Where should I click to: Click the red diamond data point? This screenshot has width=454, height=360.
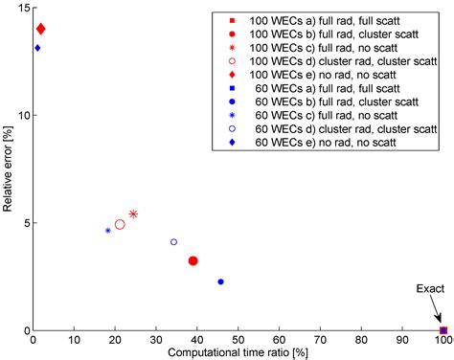pos(40,30)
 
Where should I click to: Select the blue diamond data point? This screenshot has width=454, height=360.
pos(37,48)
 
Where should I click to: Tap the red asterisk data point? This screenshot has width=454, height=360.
pos(133,214)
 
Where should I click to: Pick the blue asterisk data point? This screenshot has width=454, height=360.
pos(108,231)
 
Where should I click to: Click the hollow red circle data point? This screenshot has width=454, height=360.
pos(120,224)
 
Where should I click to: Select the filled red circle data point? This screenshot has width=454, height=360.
pos(193,260)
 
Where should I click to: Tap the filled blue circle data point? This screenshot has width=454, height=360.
pos(220,281)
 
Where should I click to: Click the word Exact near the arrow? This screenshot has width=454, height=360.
pos(428,288)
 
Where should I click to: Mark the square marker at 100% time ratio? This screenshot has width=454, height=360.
pos(442,329)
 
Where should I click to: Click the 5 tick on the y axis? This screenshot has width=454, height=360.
pos(26,223)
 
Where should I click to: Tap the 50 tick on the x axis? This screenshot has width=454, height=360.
pos(238,339)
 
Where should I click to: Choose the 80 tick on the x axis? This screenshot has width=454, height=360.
pos(360,339)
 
